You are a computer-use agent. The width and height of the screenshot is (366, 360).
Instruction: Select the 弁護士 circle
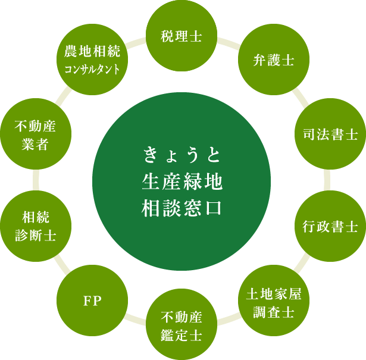(x=265, y=61)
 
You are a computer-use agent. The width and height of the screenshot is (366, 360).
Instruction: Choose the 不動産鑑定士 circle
(x=182, y=325)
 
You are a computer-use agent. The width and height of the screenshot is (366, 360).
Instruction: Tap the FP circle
(x=92, y=301)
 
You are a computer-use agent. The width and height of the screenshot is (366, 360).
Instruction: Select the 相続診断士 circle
(x=36, y=226)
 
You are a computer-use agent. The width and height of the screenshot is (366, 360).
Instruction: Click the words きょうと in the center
(x=182, y=156)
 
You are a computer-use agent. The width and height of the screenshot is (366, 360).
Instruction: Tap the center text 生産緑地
(x=182, y=181)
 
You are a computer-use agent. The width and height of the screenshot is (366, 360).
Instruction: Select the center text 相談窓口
(x=182, y=207)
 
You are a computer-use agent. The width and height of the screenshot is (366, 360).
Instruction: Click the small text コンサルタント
(x=92, y=69)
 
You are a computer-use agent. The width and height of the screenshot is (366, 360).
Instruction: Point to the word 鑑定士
(x=182, y=334)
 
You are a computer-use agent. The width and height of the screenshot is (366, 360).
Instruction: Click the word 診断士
(x=36, y=236)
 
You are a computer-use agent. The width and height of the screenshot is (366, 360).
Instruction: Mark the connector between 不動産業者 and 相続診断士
(x=36, y=180)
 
